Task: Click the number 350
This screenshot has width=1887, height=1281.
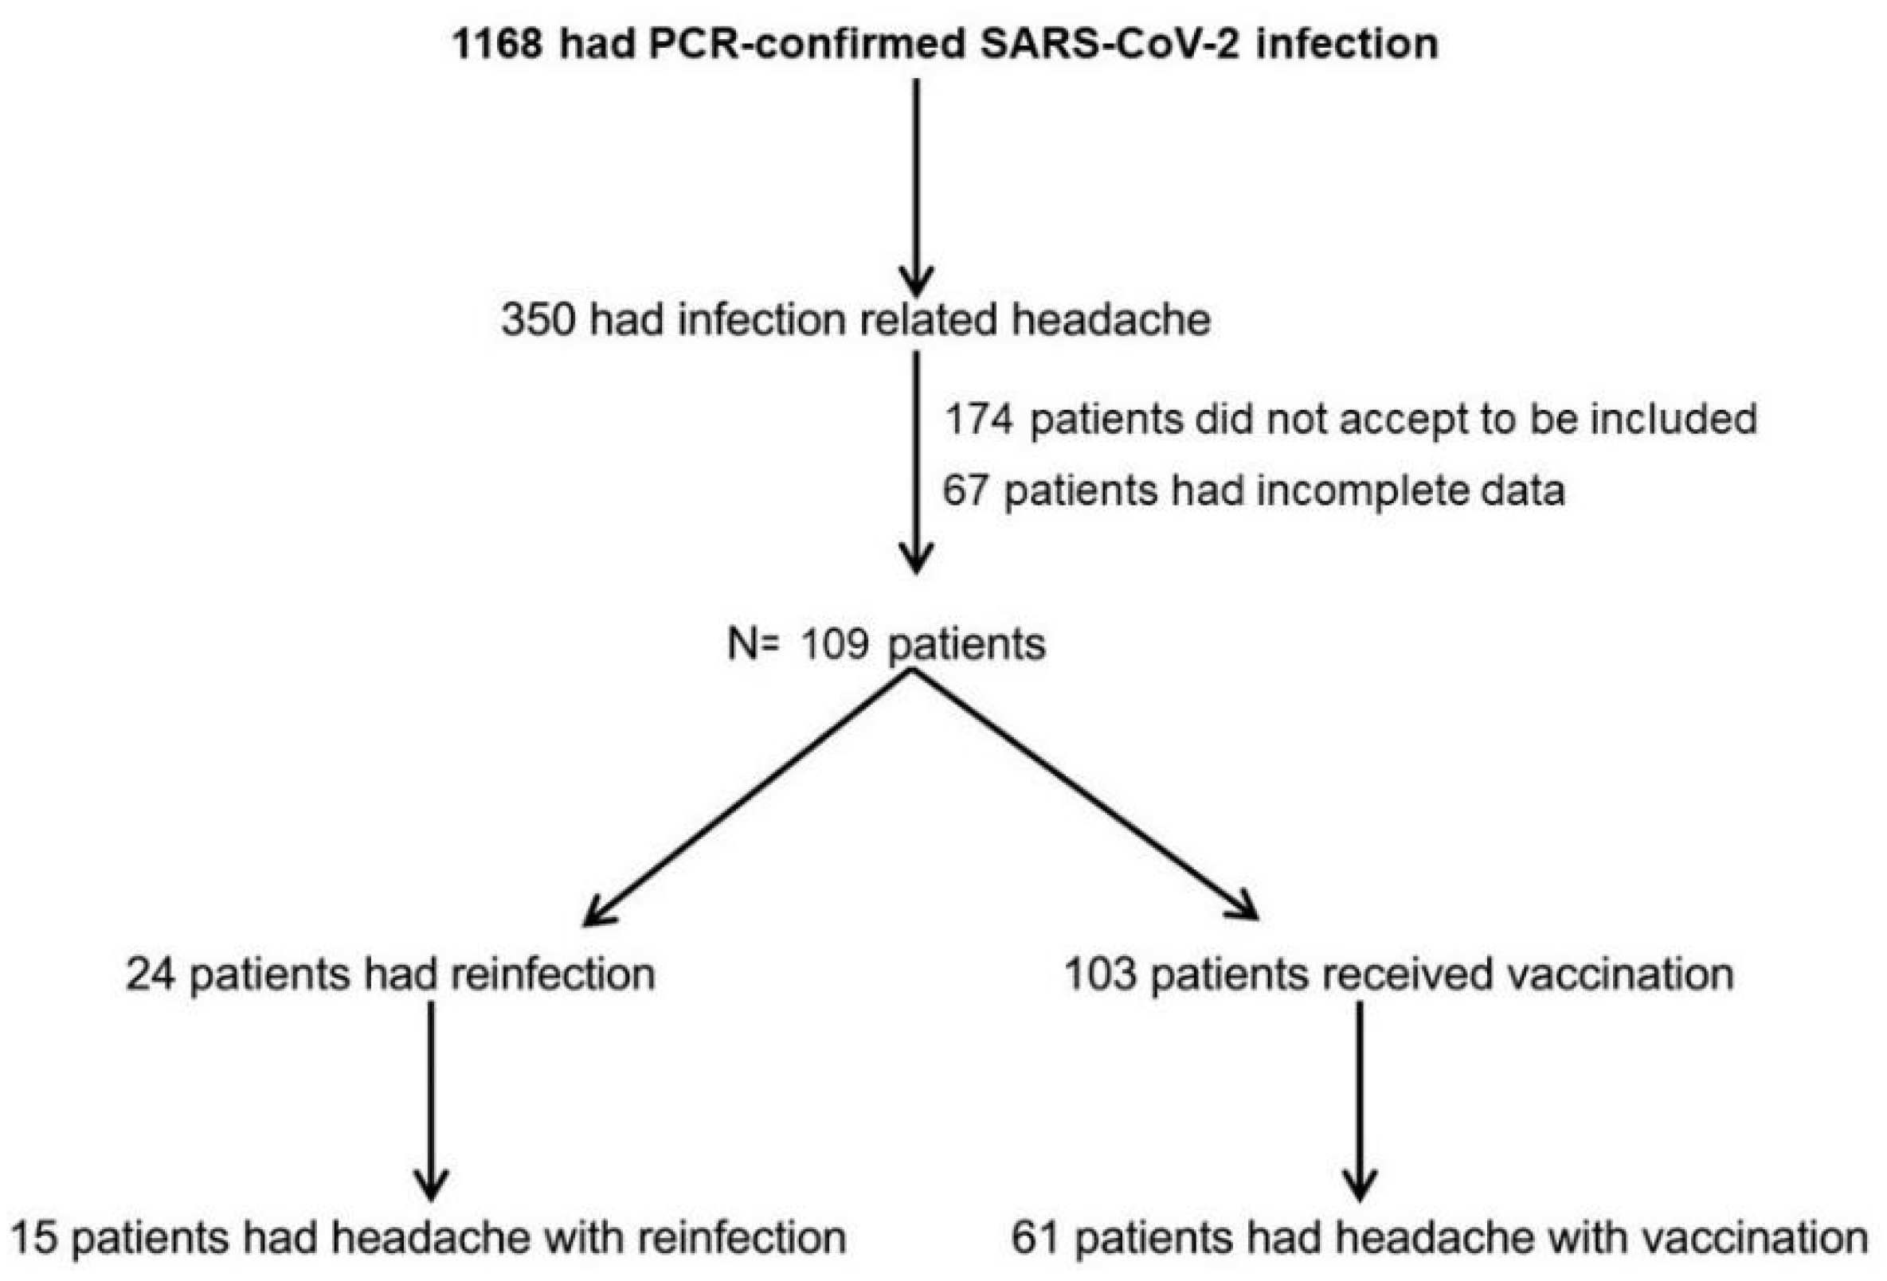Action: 538,320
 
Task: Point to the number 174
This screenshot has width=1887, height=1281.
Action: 978,419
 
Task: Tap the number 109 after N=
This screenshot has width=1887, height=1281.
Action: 834,645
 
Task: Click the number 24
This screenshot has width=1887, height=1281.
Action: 151,974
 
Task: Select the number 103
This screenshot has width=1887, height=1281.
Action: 1099,974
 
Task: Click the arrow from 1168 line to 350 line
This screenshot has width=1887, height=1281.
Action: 917,187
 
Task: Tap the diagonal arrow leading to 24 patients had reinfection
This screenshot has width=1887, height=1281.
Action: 747,799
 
